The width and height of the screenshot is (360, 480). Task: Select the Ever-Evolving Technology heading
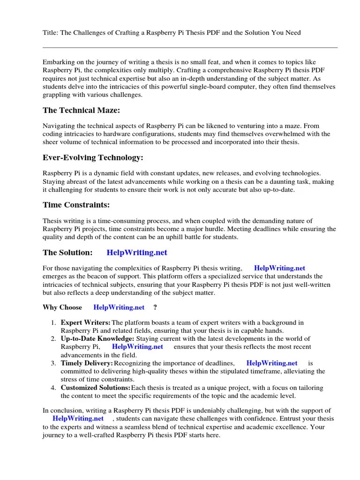pyautogui.click(x=93, y=157)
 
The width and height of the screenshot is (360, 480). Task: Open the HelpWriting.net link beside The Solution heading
pyautogui.click(x=137, y=252)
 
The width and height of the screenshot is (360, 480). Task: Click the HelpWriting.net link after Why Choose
pyautogui.click(x=119, y=307)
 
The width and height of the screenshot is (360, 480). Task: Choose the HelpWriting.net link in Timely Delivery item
pyautogui.click(x=272, y=363)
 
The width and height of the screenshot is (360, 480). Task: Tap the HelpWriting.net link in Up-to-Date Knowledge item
pyautogui.click(x=138, y=347)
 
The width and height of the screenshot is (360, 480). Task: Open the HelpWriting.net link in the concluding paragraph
pyautogui.click(x=78, y=419)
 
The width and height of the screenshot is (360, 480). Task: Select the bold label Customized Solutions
pyautogui.click(x=95, y=388)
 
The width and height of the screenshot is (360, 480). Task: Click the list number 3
pyautogui.click(x=53, y=363)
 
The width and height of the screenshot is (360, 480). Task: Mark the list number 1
pyautogui.click(x=53, y=323)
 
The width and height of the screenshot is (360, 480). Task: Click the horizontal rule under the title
pyautogui.click(x=190, y=47)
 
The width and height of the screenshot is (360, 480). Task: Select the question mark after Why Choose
pyautogui.click(x=155, y=307)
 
